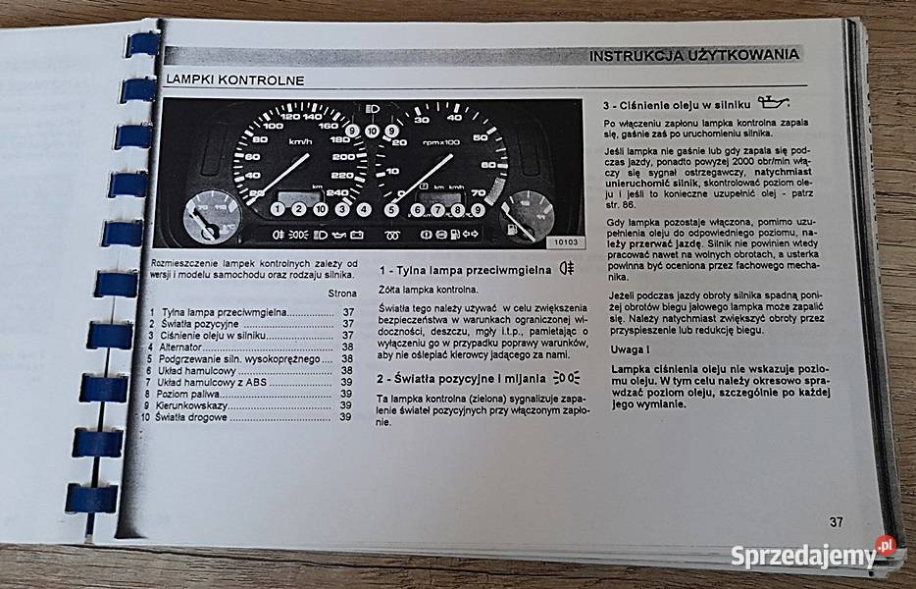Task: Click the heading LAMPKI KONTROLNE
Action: coord(234,80)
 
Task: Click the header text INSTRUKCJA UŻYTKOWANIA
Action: coord(693,56)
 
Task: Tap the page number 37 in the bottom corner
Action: coord(835,521)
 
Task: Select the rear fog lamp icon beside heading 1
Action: coord(565,267)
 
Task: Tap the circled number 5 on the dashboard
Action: coord(392,209)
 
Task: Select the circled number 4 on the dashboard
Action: coord(364,209)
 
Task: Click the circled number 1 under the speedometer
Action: coord(278,209)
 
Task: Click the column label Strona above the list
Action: coord(342,293)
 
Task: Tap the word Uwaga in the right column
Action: coord(627,348)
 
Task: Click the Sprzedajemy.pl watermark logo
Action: coord(813,555)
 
